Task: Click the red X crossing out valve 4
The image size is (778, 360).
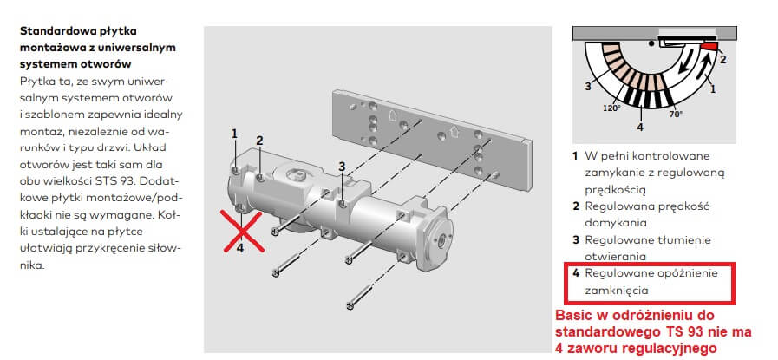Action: tap(242, 231)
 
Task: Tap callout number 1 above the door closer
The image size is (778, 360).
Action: tap(233, 134)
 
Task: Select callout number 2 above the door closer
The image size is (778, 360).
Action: tap(259, 141)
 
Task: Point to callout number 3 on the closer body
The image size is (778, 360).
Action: tap(342, 167)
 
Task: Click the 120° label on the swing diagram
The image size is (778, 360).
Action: tap(611, 108)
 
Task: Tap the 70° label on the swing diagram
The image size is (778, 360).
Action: tap(675, 114)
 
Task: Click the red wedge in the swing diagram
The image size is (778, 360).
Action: tap(709, 46)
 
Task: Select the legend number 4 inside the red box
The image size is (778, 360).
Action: tap(576, 273)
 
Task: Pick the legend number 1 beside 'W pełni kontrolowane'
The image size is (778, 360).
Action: tap(575, 156)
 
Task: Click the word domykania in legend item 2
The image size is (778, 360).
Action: tap(616, 223)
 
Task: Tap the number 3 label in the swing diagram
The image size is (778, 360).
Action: tap(587, 87)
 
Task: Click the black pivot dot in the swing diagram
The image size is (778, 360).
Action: tap(651, 43)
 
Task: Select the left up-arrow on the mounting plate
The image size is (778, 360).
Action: tap(391, 116)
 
